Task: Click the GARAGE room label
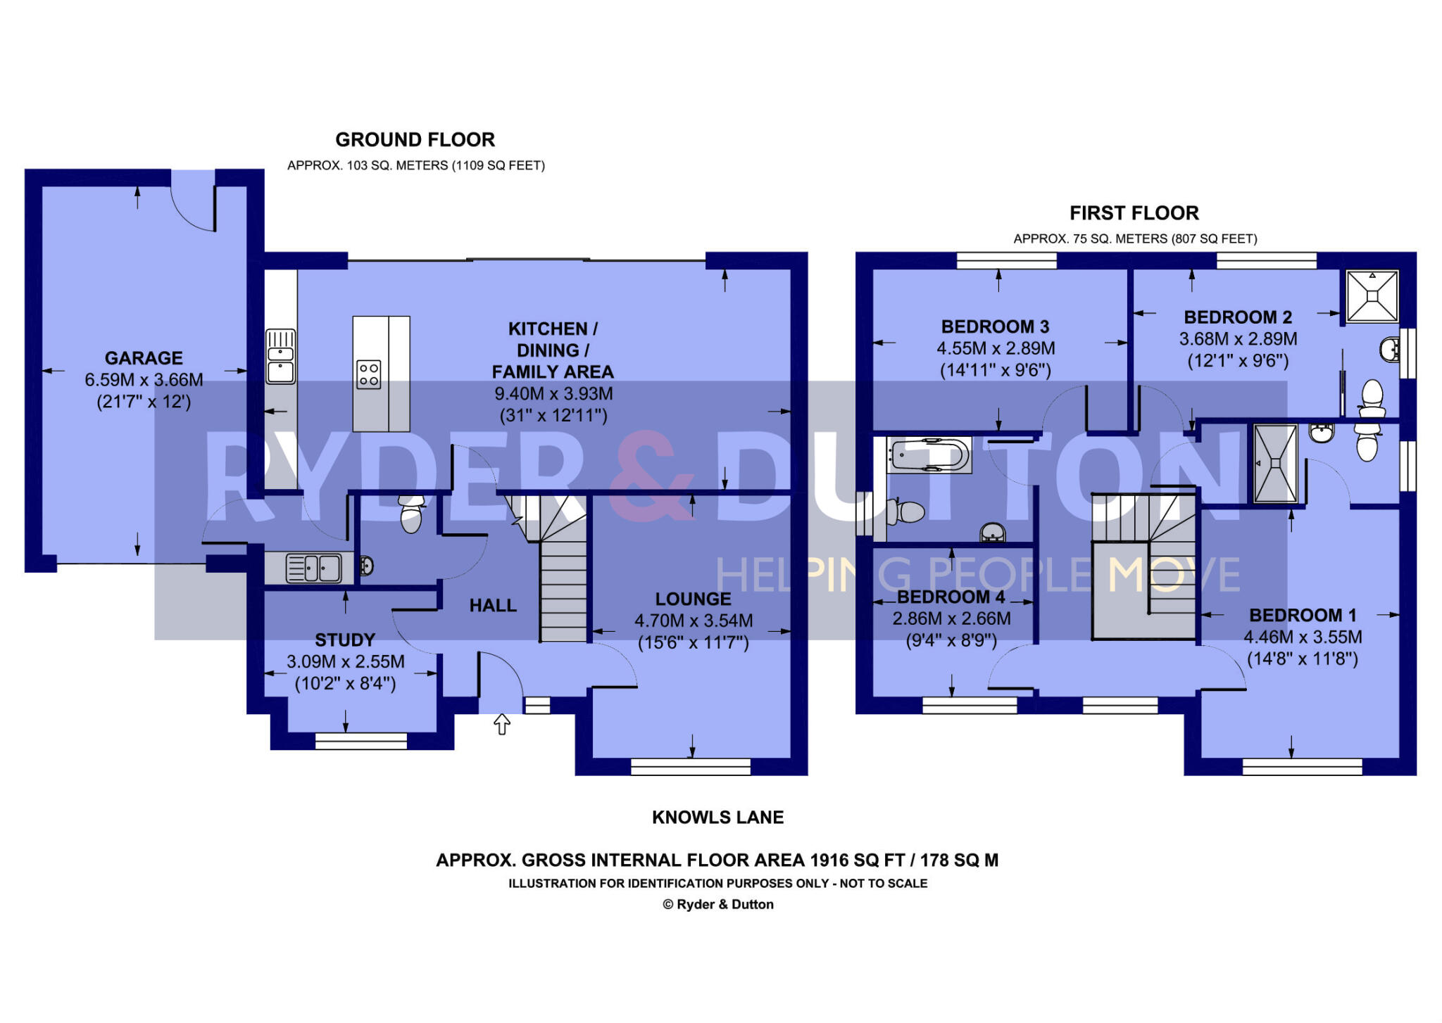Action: tap(144, 358)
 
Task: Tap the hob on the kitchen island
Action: tap(369, 374)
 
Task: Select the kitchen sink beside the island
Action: tap(280, 357)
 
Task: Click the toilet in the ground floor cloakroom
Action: tap(411, 515)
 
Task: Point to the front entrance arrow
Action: tap(501, 724)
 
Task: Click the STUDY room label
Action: tap(345, 640)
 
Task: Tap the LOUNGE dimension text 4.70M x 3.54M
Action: tap(694, 621)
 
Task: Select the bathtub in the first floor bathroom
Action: tap(929, 456)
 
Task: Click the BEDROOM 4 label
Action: tap(951, 597)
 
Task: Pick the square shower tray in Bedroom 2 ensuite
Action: tap(1372, 296)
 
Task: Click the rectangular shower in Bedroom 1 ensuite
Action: tap(1275, 464)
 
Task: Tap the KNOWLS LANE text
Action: tap(717, 818)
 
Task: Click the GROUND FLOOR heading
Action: tap(415, 140)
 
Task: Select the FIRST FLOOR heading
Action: tap(1134, 213)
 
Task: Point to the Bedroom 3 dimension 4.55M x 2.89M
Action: tap(996, 349)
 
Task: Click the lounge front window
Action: tap(691, 767)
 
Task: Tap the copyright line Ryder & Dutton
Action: tap(717, 905)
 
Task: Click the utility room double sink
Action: tap(313, 568)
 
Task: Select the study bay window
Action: tap(360, 741)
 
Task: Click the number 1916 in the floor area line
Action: tap(830, 860)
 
